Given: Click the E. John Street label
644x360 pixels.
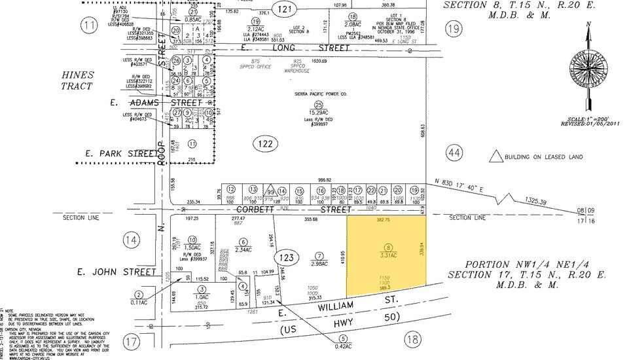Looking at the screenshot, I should click(x=116, y=272).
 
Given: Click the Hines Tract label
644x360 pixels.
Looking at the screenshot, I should click(x=78, y=81).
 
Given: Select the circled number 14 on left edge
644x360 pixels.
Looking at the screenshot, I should click(x=132, y=241).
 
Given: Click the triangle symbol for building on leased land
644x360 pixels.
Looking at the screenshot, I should click(x=497, y=156).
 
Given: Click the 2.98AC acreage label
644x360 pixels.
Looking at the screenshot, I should click(x=319, y=263).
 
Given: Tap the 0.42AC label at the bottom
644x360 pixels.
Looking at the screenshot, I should click(x=341, y=347).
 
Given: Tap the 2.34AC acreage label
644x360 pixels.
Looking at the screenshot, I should click(x=243, y=249).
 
